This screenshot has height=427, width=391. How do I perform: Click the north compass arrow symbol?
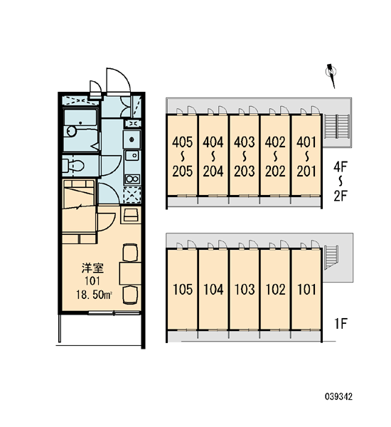point(331,75)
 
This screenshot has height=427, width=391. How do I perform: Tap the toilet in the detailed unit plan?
point(73,166)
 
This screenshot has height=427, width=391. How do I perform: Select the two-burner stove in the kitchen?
point(132,179)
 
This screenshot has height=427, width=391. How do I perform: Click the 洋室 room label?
point(92,268)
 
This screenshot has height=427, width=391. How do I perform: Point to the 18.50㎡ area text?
point(94,295)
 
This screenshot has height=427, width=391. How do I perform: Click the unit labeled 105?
point(183,289)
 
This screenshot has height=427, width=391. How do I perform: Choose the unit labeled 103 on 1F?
point(245,289)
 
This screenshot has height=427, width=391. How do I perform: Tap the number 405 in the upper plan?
point(182,142)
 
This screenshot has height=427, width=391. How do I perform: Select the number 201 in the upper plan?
point(306,172)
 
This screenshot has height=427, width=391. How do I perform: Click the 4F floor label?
point(341,167)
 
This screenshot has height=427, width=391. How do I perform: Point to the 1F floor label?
point(341,324)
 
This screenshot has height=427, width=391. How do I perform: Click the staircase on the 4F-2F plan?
point(337,127)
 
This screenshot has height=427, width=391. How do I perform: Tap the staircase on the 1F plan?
point(331,257)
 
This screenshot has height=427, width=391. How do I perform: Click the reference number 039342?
point(339,396)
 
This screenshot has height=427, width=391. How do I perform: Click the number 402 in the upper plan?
point(275,142)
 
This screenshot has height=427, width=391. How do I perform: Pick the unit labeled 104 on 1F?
point(213,289)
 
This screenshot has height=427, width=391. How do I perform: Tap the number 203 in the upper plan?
point(245,172)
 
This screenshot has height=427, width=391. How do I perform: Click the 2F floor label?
point(341,196)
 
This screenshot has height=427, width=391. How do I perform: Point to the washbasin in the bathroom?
point(72,131)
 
